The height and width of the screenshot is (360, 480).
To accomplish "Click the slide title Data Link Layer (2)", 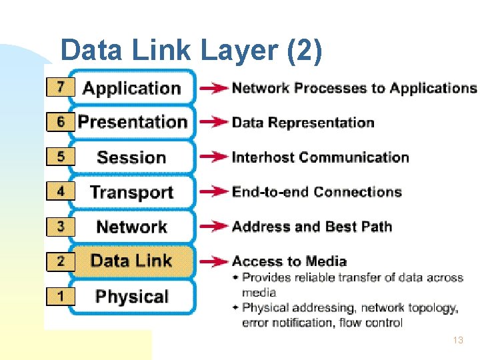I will point(191,50).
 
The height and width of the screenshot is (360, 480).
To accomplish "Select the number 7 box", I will point(61,87).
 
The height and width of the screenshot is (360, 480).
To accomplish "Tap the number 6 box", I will point(61,122).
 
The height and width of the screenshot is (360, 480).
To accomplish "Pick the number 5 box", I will point(61,157).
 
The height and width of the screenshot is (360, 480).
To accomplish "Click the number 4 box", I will point(61,191).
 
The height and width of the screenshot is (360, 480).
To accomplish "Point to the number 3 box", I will point(61,226).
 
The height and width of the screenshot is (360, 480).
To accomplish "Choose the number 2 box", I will point(61,261).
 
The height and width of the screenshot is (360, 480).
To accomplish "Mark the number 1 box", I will point(61,295).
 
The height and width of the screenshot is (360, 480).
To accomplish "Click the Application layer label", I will point(131,88).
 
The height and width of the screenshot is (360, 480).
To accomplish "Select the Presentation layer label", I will point(132,122).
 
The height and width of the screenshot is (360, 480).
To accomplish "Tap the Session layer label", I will point(131,157).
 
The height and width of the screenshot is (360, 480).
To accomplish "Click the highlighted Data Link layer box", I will point(132,261).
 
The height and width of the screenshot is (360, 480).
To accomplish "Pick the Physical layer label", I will point(131,296).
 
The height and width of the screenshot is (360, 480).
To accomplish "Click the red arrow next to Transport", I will point(213,192).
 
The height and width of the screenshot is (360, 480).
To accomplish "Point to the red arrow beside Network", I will point(213,227).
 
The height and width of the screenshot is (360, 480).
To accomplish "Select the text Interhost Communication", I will point(320,157).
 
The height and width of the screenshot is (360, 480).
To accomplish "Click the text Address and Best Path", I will point(311,227).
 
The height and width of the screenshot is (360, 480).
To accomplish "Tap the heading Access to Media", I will point(289,261).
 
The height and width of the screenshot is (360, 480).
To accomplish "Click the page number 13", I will point(457,340).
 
